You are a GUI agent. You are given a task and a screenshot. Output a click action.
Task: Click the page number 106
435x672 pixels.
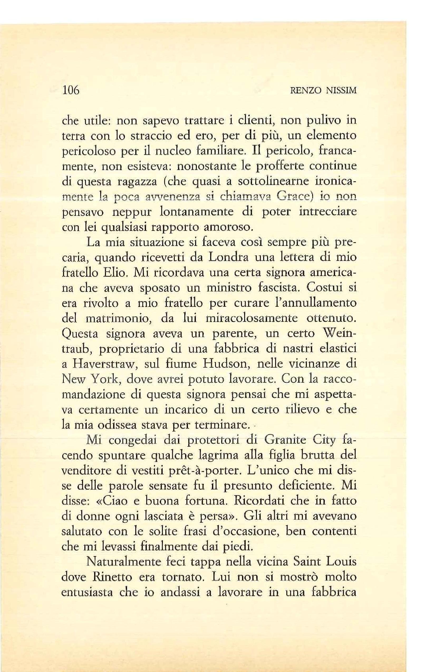(x=71, y=90)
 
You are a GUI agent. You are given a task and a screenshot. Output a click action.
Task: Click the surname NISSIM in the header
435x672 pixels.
(x=341, y=91)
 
